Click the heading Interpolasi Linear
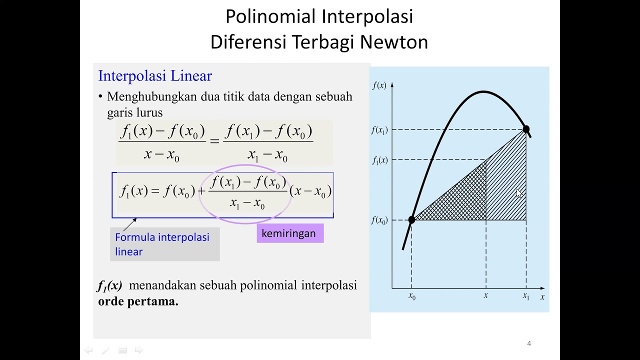(x=155, y=76)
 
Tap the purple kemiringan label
(x=289, y=233)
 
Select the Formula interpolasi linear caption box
(x=164, y=244)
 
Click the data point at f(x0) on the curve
(x=411, y=219)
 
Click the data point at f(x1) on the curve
(x=526, y=129)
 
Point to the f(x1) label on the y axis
(x=379, y=130)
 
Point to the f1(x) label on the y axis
(x=380, y=160)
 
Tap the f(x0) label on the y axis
(x=379, y=220)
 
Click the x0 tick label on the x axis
(x=412, y=296)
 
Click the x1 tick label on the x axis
(x=526, y=296)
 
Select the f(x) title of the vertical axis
(x=379, y=85)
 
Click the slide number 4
(x=529, y=343)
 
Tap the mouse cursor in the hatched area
(x=518, y=193)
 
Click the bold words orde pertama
(x=138, y=301)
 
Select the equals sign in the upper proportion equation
(x=214, y=141)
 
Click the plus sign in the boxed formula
(x=201, y=191)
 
